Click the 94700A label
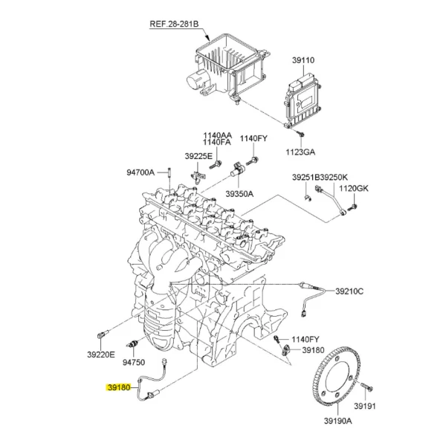(x=140, y=172)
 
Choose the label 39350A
(x=239, y=193)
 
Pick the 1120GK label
(x=354, y=188)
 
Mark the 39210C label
(x=349, y=291)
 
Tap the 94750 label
(x=133, y=362)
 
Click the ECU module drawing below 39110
(x=304, y=100)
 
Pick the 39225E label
(x=199, y=156)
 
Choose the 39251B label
(x=305, y=179)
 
